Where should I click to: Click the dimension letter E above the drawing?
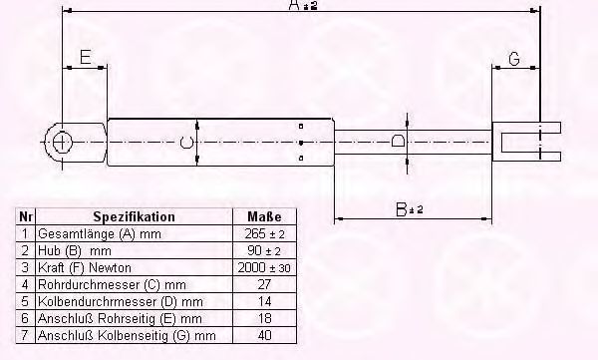coord(86,57)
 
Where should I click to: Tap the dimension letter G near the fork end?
coord(514,59)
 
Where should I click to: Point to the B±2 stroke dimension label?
coord(410,209)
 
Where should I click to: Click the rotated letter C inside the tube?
coord(186,143)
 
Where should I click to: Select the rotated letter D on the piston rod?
coord(398,142)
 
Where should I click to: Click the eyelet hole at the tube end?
coord(61,143)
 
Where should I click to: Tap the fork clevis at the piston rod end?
coord(526,142)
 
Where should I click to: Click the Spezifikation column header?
coord(134,216)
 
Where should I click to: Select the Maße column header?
coord(264,216)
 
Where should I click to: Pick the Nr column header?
coord(25,216)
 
